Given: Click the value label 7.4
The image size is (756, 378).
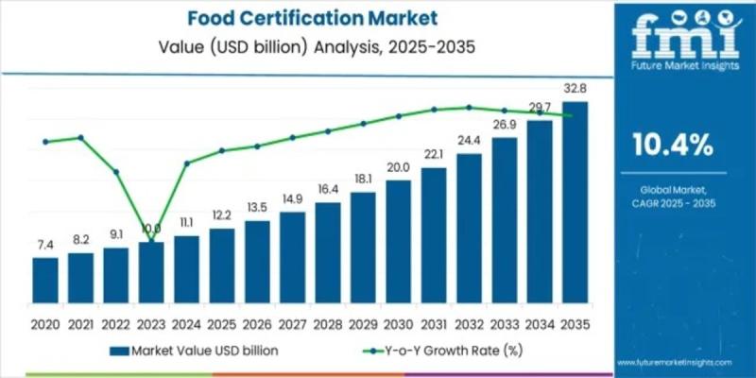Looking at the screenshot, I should (44, 245).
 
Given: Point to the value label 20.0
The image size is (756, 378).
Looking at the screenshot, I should (398, 167).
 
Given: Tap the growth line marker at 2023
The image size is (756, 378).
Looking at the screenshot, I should (151, 243).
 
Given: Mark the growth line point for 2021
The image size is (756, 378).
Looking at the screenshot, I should (80, 137).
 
